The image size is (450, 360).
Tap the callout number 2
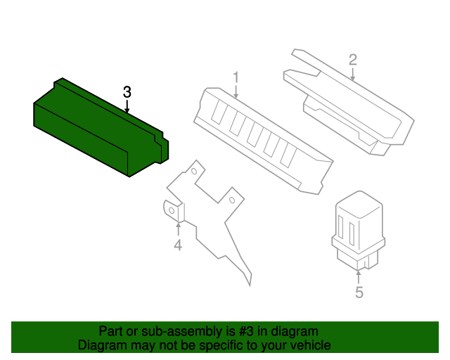click(x=353, y=60)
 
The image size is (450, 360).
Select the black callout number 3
click(x=127, y=92)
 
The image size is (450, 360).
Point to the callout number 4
click(x=178, y=245)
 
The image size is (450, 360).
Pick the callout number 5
click(x=359, y=292)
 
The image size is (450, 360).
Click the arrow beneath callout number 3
click(x=127, y=107)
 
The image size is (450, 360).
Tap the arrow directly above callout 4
click(x=178, y=229)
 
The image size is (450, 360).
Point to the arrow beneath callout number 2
click(x=353, y=74)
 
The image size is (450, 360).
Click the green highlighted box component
click(x=98, y=130)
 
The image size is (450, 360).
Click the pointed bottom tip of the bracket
click(x=249, y=283)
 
